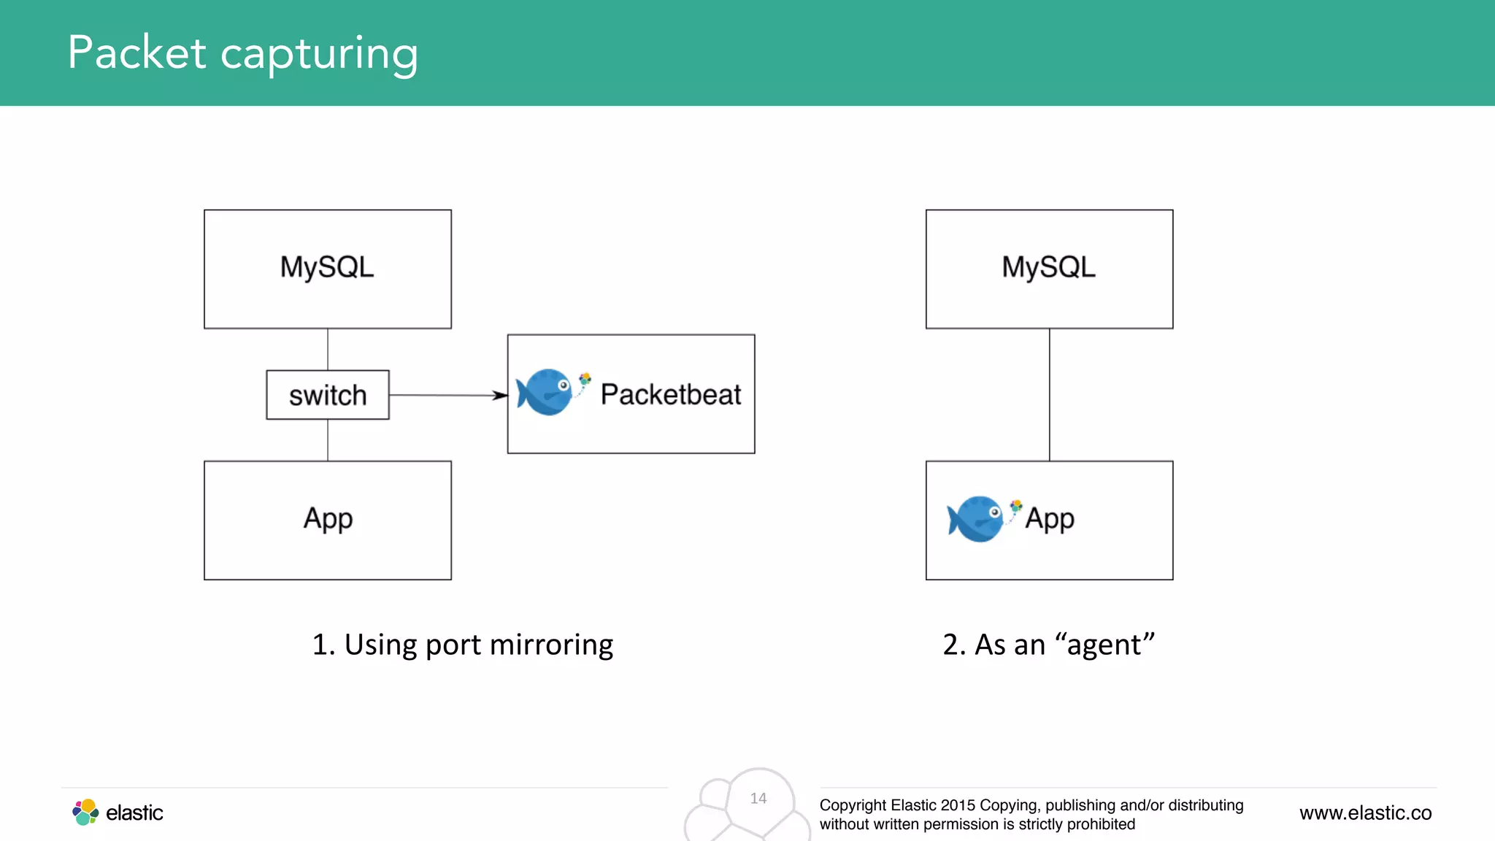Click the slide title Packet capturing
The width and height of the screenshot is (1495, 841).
(242, 53)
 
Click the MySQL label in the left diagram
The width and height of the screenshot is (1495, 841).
(327, 267)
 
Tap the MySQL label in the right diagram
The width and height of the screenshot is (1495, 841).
(1048, 267)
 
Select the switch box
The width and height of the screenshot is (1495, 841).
(327, 395)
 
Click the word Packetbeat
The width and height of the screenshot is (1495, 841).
(670, 394)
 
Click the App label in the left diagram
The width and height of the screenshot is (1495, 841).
(328, 519)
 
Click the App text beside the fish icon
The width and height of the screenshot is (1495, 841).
(1050, 519)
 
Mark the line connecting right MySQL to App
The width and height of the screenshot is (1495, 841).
(1049, 394)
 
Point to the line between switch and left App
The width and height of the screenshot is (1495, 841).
(328, 440)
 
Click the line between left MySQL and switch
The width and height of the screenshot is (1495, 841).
(328, 349)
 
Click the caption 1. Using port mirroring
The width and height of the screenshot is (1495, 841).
(462, 645)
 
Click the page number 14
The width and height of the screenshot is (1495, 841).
(758, 799)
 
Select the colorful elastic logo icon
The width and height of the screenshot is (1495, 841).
(85, 812)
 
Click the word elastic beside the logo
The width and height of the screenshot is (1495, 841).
(134, 813)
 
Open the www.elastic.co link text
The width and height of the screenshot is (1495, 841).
(1365, 813)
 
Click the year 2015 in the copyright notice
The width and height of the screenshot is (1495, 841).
(958, 805)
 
